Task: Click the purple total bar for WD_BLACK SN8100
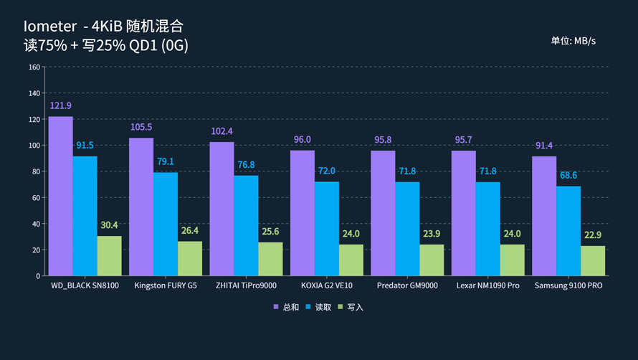[x=60, y=196]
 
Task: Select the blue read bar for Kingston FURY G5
[x=166, y=224]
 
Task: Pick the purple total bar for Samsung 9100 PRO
[x=544, y=216]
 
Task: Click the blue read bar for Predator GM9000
[x=407, y=229]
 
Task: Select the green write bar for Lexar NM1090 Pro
[x=512, y=260]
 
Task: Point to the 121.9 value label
[x=60, y=105]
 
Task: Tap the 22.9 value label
[x=593, y=235]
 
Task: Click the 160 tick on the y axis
[x=34, y=67]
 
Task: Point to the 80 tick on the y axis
[x=36, y=171]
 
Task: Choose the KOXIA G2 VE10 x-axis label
[x=326, y=285]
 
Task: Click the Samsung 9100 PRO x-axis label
[x=568, y=285]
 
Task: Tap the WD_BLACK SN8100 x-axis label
[x=85, y=285]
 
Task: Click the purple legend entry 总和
[x=286, y=307]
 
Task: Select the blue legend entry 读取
[x=319, y=307]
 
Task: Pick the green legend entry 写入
[x=351, y=307]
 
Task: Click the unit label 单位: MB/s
[x=573, y=41]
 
